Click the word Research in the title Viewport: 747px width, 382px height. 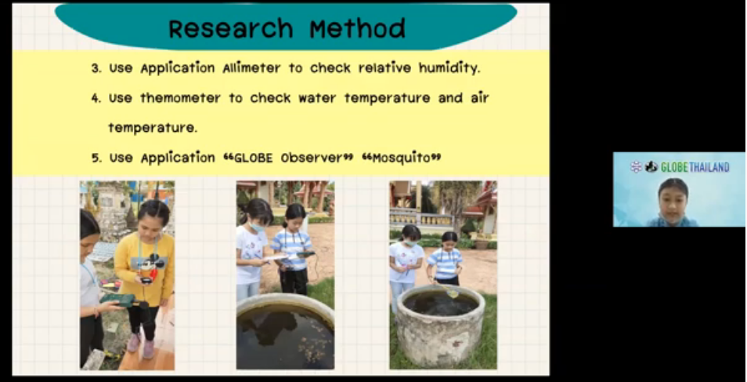pos(230,29)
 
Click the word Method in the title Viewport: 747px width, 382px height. pos(357,29)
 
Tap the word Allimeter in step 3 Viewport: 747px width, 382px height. pos(251,68)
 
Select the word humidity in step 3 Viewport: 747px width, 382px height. pos(449,68)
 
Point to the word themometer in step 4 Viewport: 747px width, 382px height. pos(180,98)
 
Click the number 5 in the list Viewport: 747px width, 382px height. pos(96,158)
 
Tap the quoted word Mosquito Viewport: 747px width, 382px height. pos(401,158)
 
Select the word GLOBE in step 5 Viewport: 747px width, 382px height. pos(247,158)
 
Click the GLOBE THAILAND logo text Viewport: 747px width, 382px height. pos(695,167)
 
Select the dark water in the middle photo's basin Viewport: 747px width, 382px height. pos(285,336)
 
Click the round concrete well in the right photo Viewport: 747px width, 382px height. pos(440,326)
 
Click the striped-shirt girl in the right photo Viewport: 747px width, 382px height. pos(446,258)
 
